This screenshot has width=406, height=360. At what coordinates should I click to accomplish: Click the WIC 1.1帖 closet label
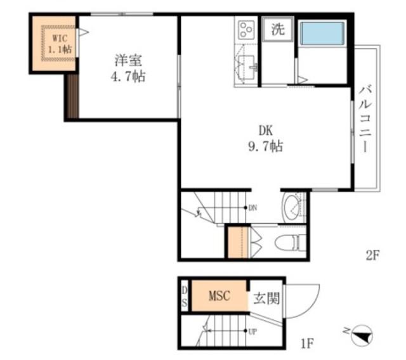click(x=60, y=44)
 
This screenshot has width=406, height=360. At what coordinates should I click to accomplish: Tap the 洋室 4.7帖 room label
click(x=128, y=68)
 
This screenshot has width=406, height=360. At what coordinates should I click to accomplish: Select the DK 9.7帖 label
click(x=266, y=139)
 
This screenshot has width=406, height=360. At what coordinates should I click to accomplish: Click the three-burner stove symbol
click(x=246, y=30)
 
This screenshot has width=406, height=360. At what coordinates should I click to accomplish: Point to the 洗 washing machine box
click(x=278, y=29)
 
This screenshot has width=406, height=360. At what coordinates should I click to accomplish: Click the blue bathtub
click(x=322, y=34)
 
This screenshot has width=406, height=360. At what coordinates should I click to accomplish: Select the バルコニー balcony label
click(x=365, y=120)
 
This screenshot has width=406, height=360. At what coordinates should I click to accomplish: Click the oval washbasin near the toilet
click(x=291, y=208)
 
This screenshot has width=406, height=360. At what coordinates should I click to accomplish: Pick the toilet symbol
click(x=290, y=242)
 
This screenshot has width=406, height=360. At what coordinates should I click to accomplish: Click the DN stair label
click(x=252, y=207)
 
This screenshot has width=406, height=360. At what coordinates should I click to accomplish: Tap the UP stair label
click(x=252, y=331)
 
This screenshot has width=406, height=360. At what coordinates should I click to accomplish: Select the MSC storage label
click(x=219, y=295)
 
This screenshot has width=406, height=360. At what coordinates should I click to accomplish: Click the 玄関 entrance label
click(x=266, y=298)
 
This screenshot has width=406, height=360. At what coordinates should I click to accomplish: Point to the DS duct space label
click(x=185, y=297)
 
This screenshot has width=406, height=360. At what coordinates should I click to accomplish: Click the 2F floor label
click(x=372, y=255)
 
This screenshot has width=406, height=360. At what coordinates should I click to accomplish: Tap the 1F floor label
click(x=307, y=344)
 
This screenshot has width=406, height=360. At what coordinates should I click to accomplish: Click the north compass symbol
click(x=361, y=335)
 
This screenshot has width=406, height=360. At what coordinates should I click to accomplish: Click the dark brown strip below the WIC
click(x=73, y=96)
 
